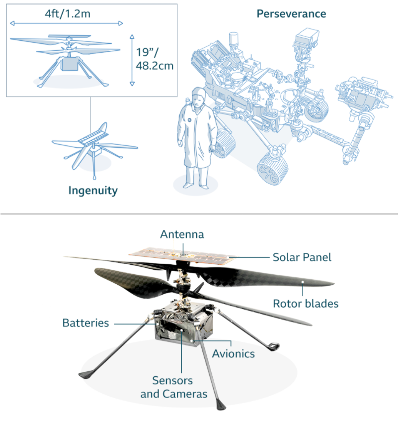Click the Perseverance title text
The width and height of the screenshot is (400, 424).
coord(291,13)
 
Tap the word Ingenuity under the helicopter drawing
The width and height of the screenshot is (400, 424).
coord(93,190)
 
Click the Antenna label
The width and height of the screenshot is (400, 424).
coord(182,234)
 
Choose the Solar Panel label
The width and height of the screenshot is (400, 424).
coord(302,257)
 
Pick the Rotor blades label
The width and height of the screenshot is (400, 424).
coord(305,303)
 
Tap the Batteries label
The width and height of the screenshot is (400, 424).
coord(85,323)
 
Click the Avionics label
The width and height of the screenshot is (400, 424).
coord(233,354)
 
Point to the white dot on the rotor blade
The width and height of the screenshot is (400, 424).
coord(303,283)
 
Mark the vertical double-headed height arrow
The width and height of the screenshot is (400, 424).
coord(132,60)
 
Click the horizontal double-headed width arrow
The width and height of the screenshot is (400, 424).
coord(66,23)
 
